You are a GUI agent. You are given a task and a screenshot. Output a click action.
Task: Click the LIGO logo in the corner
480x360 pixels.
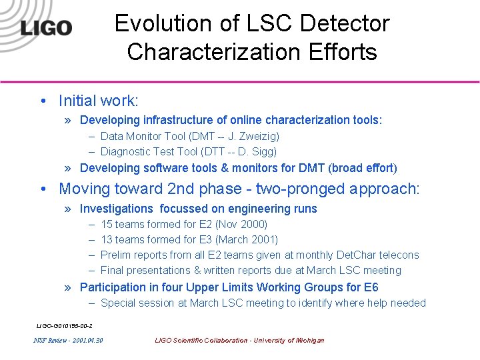45,28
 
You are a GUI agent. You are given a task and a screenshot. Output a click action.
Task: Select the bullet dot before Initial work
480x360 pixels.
42,101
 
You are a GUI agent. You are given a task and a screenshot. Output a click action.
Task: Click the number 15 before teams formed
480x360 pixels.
107,224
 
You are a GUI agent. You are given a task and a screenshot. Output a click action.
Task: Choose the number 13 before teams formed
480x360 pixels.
107,239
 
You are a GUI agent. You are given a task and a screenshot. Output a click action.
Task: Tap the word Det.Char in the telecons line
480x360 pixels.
357,255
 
